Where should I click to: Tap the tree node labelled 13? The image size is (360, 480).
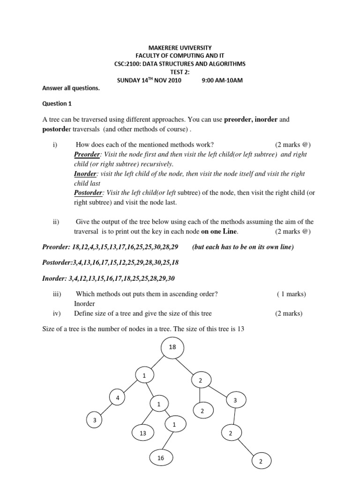(143, 434)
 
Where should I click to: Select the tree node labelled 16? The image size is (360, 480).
(161, 458)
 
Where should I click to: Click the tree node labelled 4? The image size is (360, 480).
(117, 398)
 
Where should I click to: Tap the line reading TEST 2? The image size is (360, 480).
(180, 72)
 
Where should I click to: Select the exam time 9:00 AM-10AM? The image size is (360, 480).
(222, 80)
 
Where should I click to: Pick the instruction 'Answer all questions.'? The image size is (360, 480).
(71, 88)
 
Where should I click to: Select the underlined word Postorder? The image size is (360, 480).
(89, 193)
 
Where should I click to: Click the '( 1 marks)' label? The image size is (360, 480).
(291, 294)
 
